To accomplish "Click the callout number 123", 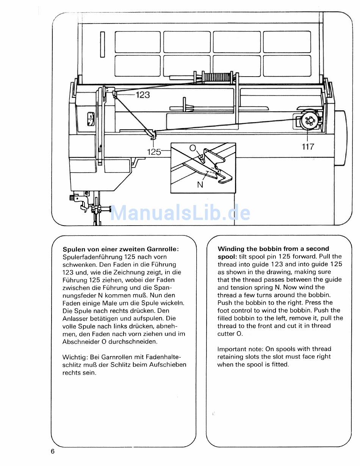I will (142, 95).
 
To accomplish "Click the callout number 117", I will (308, 146).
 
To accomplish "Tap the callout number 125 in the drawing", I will (154, 152).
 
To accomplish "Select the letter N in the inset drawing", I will (200, 185).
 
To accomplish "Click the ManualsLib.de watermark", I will (180, 213).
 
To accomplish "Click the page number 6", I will (53, 451).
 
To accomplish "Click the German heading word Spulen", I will (74, 249).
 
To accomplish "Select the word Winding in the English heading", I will (231, 249).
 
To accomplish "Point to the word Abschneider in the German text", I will (81, 342).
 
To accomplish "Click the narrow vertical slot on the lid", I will (102, 45).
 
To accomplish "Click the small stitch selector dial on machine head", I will (91, 119).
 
